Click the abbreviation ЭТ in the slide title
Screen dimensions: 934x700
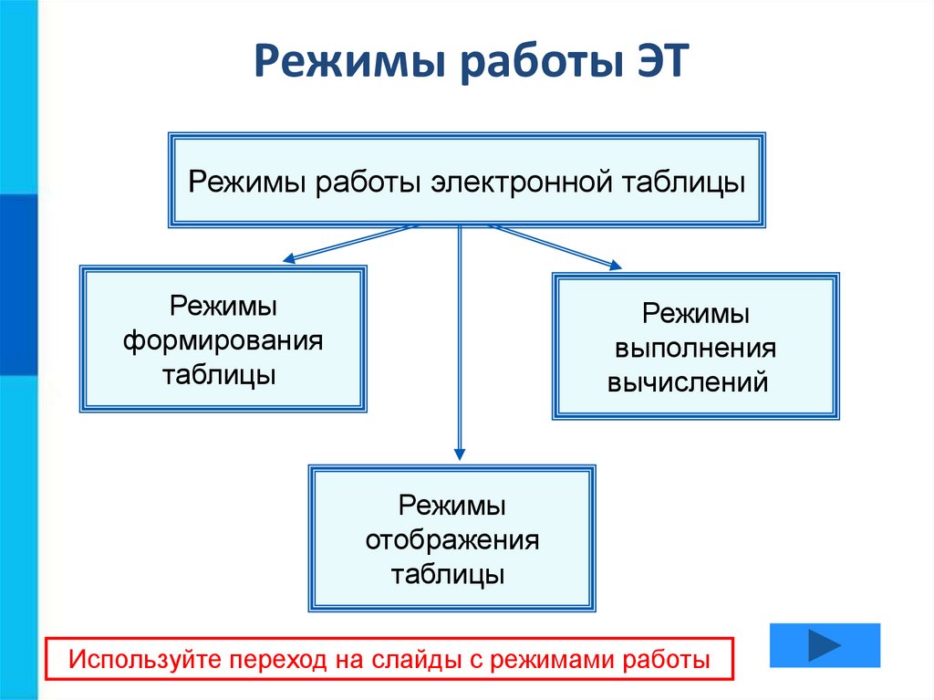pyautogui.click(x=662, y=60)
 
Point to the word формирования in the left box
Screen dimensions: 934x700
pyautogui.click(x=223, y=341)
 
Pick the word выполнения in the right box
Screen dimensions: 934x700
pyautogui.click(x=695, y=349)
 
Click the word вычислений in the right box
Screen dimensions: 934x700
pyautogui.click(x=688, y=382)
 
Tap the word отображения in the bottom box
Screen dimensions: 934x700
pyautogui.click(x=452, y=541)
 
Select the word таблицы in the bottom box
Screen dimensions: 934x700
pyautogui.click(x=448, y=575)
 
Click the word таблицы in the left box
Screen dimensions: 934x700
pyautogui.click(x=219, y=376)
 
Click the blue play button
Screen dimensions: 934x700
pyautogui.click(x=825, y=645)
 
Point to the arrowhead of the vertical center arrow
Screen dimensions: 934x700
pyautogui.click(x=460, y=454)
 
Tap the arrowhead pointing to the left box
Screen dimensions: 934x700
pyautogui.click(x=289, y=257)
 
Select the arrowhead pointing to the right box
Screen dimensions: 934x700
pyautogui.click(x=615, y=265)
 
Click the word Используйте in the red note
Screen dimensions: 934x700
pyautogui.click(x=144, y=660)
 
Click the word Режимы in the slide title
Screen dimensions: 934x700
pyautogui.click(x=350, y=61)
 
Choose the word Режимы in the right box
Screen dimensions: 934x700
pyautogui.click(x=696, y=314)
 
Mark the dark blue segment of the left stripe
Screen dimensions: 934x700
pyautogui.click(x=18, y=285)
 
